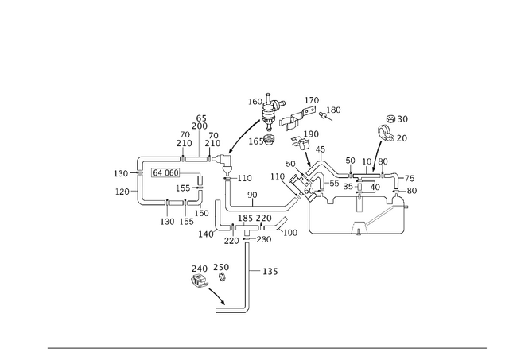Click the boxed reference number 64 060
click(165, 173)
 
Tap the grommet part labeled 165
click(269, 140)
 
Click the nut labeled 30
click(391, 118)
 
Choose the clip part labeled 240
click(199, 281)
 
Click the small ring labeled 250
click(222, 277)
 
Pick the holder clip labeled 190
click(301, 142)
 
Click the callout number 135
click(270, 271)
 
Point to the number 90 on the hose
click(252, 195)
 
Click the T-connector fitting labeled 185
click(247, 229)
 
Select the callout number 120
click(122, 192)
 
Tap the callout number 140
click(206, 234)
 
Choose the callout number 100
click(290, 233)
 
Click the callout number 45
click(320, 149)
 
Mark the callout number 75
click(410, 178)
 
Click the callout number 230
click(264, 239)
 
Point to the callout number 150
click(201, 213)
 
